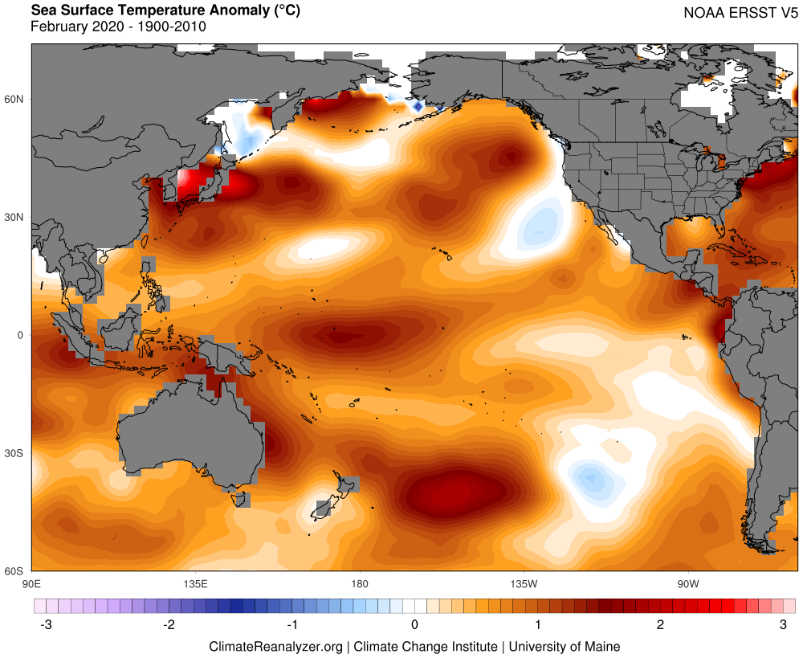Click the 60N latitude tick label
[14, 99]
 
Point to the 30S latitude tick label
[14, 453]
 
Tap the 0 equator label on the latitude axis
[21, 335]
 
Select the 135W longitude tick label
[524, 584]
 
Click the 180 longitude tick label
[360, 584]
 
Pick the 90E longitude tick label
[32, 584]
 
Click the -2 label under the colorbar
[169, 625]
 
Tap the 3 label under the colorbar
[783, 625]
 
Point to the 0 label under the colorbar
[415, 625]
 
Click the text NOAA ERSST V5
[740, 13]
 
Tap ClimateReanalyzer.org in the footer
[275, 647]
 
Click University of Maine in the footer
[565, 647]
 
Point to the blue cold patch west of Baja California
[540, 228]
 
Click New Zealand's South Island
[324, 508]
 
